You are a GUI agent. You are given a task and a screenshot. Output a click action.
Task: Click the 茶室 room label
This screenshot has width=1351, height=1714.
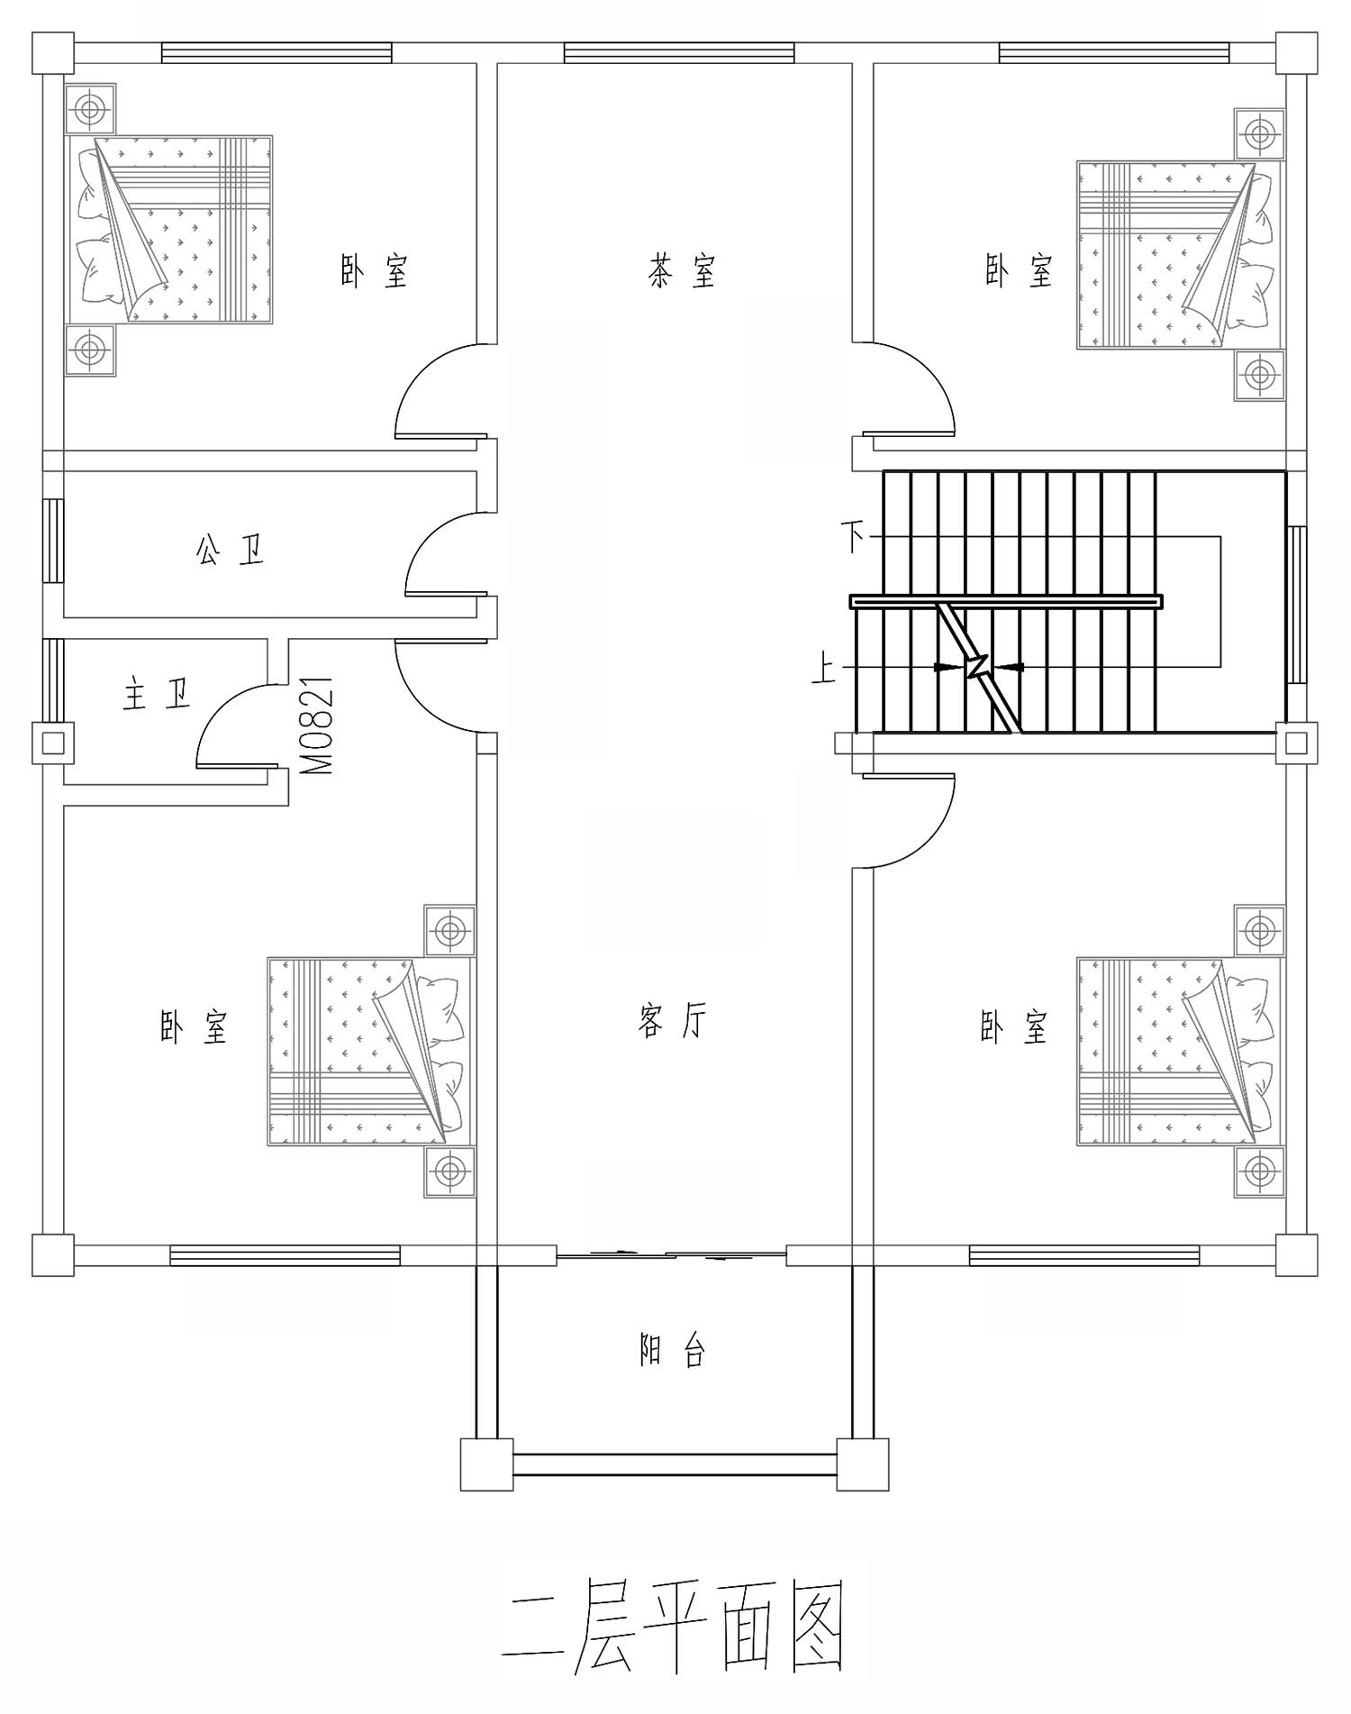(682, 270)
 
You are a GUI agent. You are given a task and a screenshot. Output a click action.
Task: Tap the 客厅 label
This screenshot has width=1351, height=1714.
(672, 1021)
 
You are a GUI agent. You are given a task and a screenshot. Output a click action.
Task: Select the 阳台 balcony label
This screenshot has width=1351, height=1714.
(672, 1350)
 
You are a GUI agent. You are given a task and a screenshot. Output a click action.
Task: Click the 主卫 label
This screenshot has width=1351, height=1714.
(157, 694)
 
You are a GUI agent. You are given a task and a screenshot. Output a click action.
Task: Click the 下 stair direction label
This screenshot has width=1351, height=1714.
(853, 537)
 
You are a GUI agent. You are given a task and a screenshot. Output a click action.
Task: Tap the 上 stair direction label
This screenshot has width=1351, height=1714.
(824, 669)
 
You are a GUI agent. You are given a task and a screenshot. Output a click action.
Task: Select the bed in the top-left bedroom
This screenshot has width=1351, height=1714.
(170, 230)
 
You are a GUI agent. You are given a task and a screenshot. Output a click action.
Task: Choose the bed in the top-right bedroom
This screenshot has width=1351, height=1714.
(1179, 255)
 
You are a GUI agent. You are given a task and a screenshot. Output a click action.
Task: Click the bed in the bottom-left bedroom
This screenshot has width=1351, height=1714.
(370, 1051)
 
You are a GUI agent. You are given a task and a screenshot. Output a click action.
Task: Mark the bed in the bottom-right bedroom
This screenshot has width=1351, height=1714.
(1179, 1051)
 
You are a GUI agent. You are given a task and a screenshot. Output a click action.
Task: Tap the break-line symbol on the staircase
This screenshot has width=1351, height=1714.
(978, 668)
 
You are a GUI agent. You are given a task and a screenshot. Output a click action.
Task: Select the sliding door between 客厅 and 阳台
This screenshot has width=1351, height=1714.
(671, 1254)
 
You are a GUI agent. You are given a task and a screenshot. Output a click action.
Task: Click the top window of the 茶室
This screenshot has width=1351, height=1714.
(679, 53)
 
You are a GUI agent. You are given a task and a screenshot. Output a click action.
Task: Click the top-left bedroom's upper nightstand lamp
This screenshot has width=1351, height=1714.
(91, 110)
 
